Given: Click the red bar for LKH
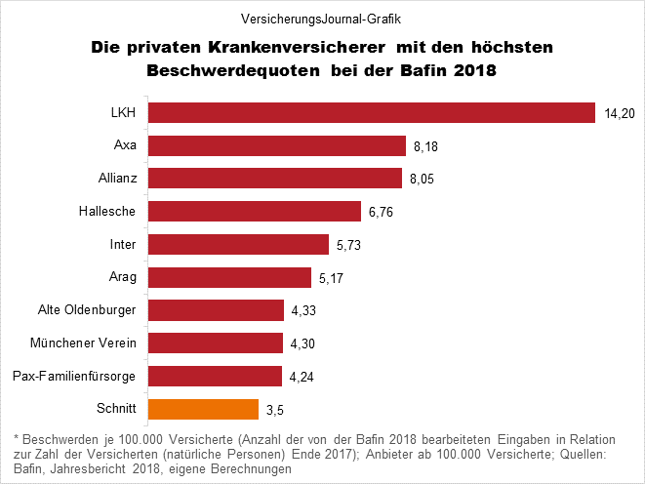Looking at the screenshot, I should pos(371,112).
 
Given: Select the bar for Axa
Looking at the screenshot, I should pos(276,145).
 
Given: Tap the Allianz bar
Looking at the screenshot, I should pos(274,179).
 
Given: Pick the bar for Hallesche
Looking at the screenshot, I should pos(254,211).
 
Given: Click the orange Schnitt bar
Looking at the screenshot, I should pos(202,408).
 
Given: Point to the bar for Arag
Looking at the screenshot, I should pos(228,277).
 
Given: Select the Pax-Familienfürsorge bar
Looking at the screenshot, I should pos(214,376).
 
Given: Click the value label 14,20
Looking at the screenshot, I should pos(620,114).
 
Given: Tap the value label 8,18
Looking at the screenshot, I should pos(426,147).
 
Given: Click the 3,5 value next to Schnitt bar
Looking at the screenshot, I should pos(276,410).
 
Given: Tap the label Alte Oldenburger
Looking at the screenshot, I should pos(87,310).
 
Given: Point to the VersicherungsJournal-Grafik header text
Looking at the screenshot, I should pos(322,19).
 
